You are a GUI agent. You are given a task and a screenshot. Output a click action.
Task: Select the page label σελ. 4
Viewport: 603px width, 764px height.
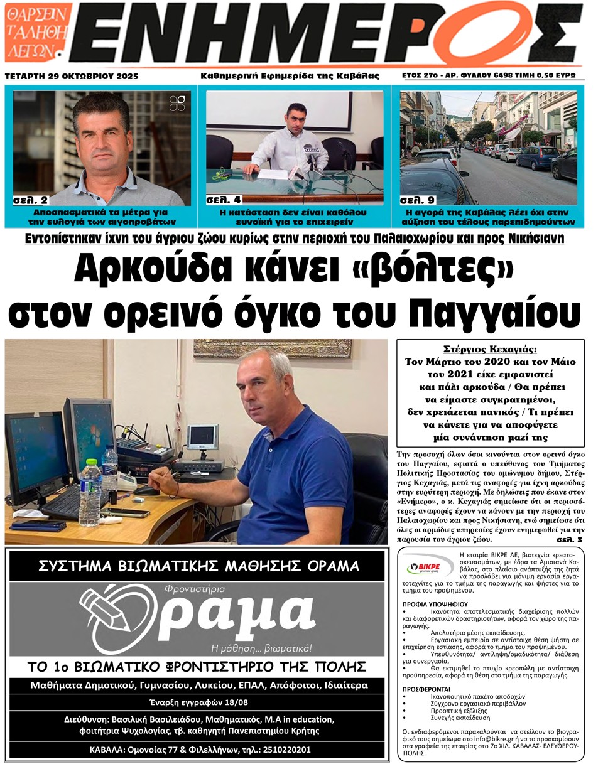(x=223, y=200)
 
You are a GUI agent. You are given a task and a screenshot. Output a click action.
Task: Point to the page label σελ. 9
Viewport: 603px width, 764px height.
(x=417, y=200)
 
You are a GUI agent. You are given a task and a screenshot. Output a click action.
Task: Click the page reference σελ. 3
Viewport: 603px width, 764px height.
(x=569, y=539)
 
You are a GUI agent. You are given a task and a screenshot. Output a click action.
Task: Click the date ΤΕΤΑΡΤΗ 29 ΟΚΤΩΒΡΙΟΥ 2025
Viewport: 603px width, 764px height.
(x=71, y=76)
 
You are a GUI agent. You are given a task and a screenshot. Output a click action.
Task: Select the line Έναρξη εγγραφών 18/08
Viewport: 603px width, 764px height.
(x=195, y=702)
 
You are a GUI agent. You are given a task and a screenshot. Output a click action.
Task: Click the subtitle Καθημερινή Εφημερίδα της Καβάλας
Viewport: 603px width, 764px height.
(x=290, y=76)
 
